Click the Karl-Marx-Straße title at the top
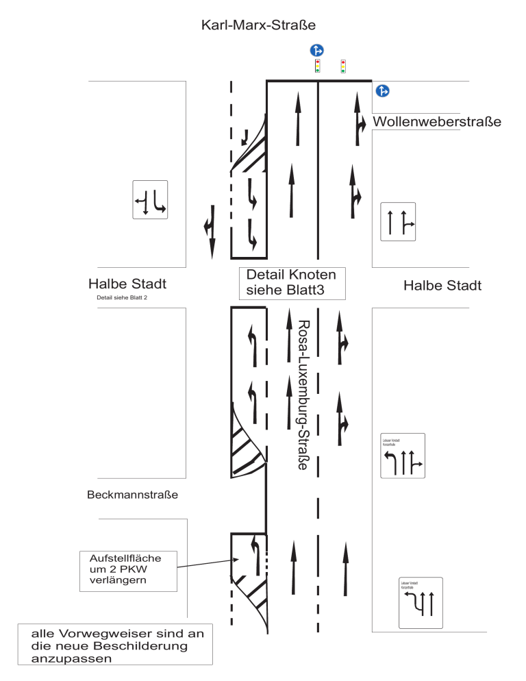258,26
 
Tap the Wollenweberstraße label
437,123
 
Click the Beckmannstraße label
133,494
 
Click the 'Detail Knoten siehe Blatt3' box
291,283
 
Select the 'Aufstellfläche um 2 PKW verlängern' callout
128,570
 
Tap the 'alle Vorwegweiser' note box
115,645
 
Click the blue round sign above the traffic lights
316,50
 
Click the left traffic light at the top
317,66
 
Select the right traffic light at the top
343,66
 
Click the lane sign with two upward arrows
398,221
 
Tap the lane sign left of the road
150,199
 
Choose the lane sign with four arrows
402,456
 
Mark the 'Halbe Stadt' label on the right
442,286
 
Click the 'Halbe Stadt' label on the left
127,284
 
